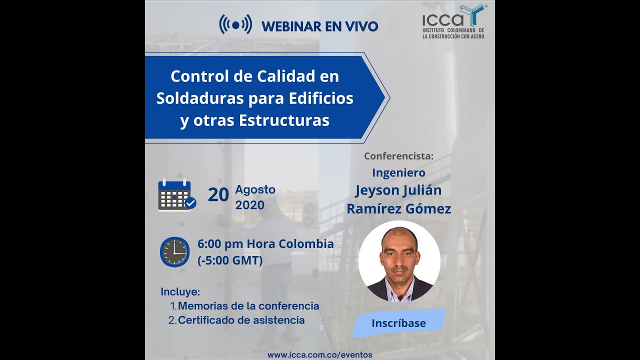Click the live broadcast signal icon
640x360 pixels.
tap(235, 24)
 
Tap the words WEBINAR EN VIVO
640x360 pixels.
tap(319, 26)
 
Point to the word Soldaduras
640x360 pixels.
tap(200, 98)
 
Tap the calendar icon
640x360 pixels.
tap(176, 195)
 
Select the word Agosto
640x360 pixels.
tap(255, 190)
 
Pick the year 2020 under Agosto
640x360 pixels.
tap(249, 205)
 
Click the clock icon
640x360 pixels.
tap(175, 252)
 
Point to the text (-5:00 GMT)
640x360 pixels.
tap(230, 260)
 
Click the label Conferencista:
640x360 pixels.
tap(398, 156)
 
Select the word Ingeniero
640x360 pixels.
tap(398, 173)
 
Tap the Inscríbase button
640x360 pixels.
tap(398, 323)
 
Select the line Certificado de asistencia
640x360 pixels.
tap(241, 320)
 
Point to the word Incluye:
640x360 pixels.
tap(180, 291)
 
